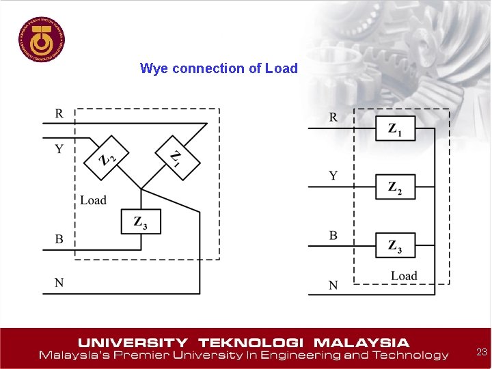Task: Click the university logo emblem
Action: click(x=42, y=38)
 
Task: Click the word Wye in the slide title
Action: click(x=154, y=68)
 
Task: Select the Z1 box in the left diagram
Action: click(x=177, y=158)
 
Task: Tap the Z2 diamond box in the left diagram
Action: click(x=106, y=158)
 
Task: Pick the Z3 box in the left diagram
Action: click(x=141, y=221)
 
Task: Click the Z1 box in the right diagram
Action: click(x=395, y=128)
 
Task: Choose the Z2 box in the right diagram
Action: click(x=395, y=187)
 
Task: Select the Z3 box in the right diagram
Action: click(x=395, y=245)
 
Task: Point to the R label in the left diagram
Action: click(x=59, y=113)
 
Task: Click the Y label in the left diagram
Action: click(x=59, y=148)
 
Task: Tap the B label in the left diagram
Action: click(x=59, y=239)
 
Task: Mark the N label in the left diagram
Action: click(x=59, y=282)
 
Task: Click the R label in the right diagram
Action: click(x=333, y=117)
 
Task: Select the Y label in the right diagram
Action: click(x=333, y=176)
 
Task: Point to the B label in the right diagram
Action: click(x=333, y=235)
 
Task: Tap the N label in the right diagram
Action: click(x=333, y=285)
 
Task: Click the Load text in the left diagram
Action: click(x=93, y=200)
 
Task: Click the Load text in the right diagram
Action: click(x=404, y=276)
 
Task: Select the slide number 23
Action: click(x=481, y=352)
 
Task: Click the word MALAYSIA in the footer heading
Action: click(x=361, y=342)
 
